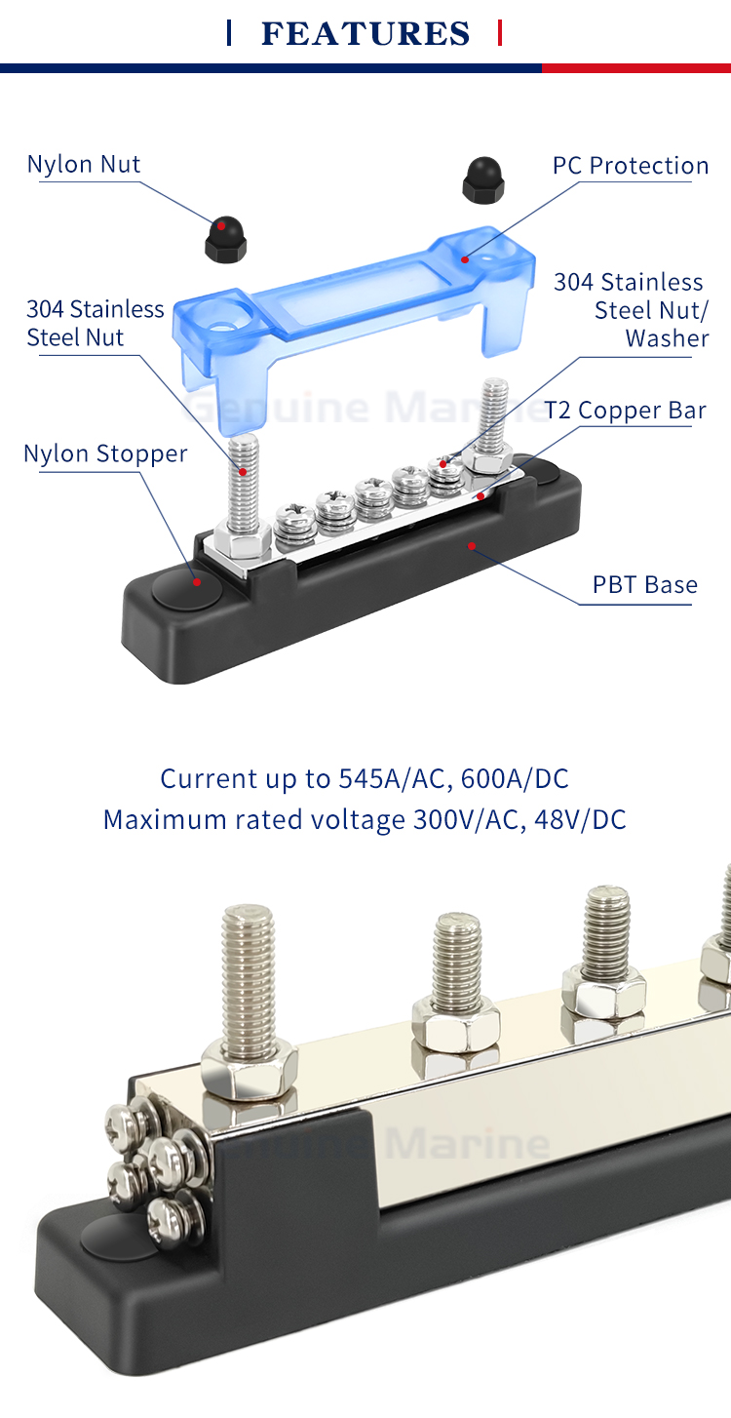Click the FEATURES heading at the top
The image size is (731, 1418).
(x=365, y=34)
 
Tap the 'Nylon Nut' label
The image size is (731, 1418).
(x=84, y=164)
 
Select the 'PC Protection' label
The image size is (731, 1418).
(x=631, y=166)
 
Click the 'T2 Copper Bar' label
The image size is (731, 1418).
(x=625, y=411)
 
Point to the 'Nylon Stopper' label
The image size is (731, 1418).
(x=105, y=453)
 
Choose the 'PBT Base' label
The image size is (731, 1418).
(x=645, y=585)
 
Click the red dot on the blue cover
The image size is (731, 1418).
(x=465, y=258)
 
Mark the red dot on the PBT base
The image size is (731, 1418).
(x=472, y=545)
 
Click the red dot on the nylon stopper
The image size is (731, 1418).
(x=197, y=582)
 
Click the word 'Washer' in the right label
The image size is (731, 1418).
(x=667, y=338)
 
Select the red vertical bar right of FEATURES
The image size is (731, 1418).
(x=500, y=33)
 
